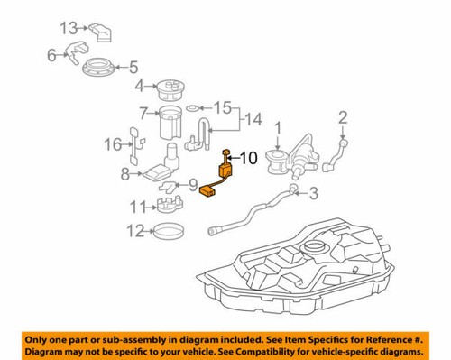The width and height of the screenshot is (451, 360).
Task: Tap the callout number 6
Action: pyautogui.click(x=52, y=55)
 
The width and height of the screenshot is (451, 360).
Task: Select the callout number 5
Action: pyautogui.click(x=133, y=66)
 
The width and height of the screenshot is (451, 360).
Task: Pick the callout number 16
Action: pyautogui.click(x=112, y=144)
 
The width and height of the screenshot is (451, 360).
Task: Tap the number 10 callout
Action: pyautogui.click(x=250, y=157)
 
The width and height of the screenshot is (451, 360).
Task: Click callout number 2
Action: pyautogui.click(x=343, y=116)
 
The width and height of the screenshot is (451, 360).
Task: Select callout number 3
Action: pyautogui.click(x=314, y=193)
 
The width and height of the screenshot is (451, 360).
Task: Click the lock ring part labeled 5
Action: pyautogui.click(x=97, y=66)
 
